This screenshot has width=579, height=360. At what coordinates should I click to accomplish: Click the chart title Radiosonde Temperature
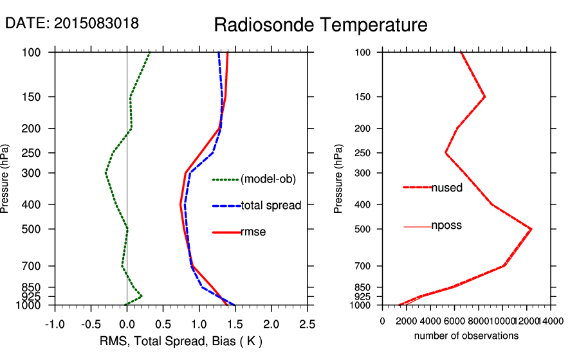pyautogui.click(x=320, y=26)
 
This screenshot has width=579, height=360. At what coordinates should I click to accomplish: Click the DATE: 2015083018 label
pyautogui.click(x=72, y=24)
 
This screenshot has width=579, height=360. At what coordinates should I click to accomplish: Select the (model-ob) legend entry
pyautogui.click(x=268, y=179)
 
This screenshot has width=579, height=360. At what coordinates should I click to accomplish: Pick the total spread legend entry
pyautogui.click(x=271, y=206)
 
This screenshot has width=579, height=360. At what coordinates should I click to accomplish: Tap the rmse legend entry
pyautogui.click(x=253, y=232)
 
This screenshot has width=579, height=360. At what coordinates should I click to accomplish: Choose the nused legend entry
pyautogui.click(x=446, y=188)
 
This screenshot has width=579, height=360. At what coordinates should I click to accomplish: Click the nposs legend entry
pyautogui.click(x=446, y=226)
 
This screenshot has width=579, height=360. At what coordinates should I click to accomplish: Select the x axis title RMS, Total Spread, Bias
pyautogui.click(x=181, y=340)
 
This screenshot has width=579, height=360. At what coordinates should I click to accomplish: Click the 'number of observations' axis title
pyautogui.click(x=466, y=336)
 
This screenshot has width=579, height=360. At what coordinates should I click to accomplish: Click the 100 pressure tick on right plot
pyautogui.click(x=365, y=52)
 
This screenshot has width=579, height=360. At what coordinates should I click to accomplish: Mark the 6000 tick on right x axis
pyautogui.click(x=454, y=321)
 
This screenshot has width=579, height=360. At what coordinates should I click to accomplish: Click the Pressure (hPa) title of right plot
pyautogui.click(x=339, y=179)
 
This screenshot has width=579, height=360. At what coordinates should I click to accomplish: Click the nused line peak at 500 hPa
pyautogui.click(x=531, y=229)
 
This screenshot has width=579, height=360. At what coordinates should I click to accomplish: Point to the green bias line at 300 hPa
pyautogui.click(x=106, y=173)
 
